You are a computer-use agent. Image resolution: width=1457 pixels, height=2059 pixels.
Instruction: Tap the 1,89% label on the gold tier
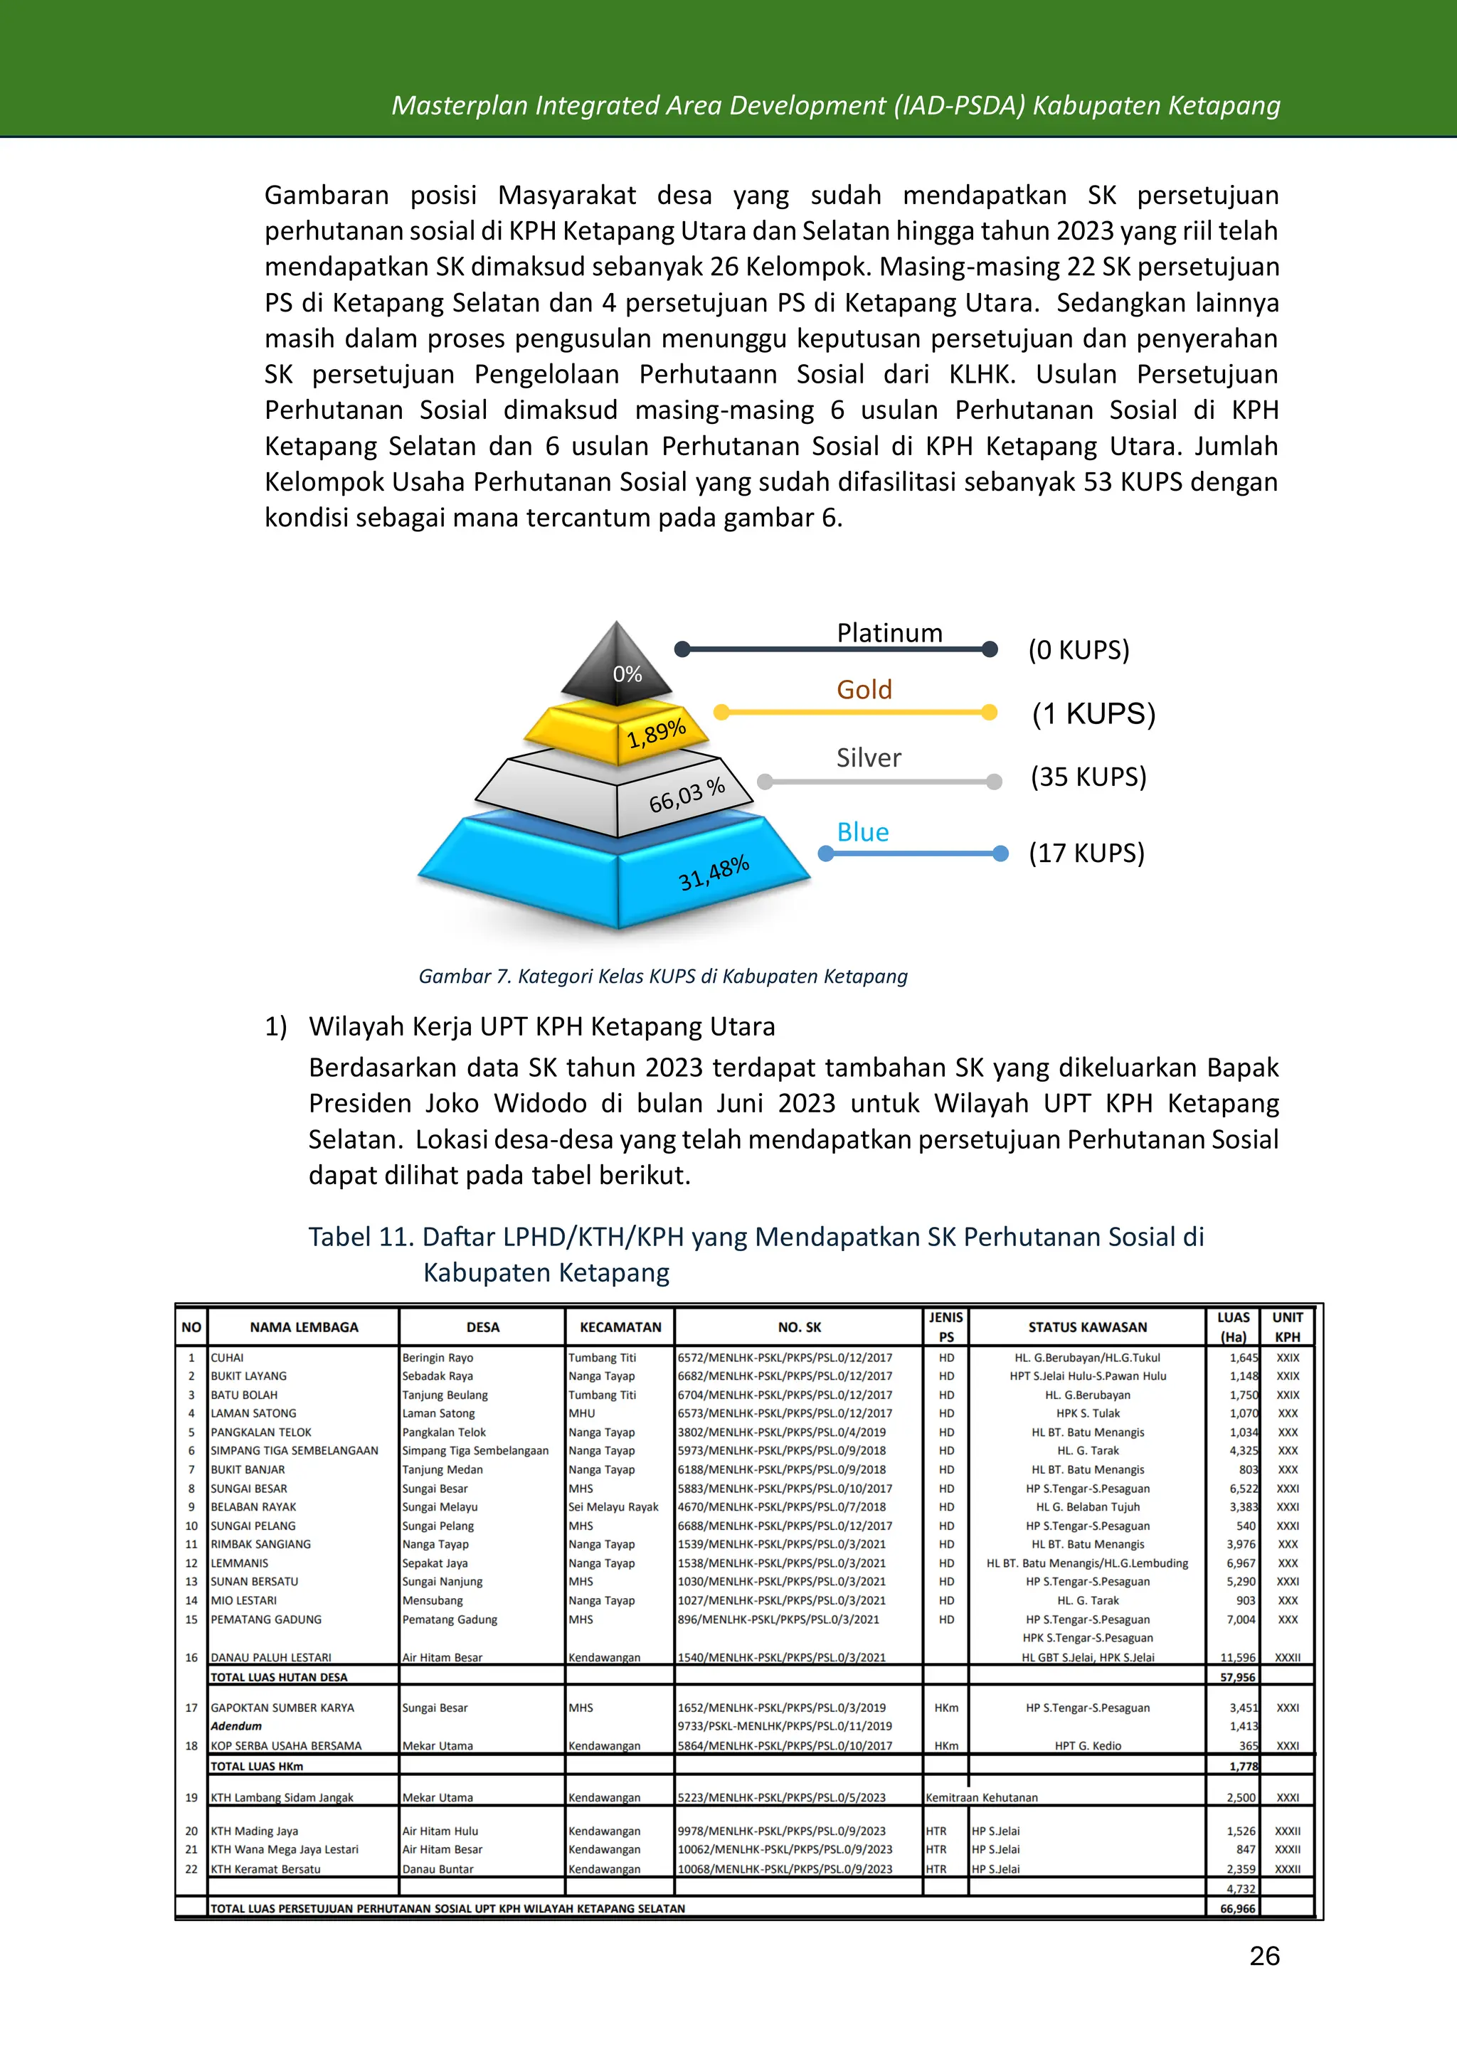pyautogui.click(x=656, y=733)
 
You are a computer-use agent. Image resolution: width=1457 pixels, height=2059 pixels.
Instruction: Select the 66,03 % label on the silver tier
pyautogui.click(x=687, y=795)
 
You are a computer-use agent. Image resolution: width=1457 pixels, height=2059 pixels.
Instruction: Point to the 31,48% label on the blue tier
pyautogui.click(x=714, y=873)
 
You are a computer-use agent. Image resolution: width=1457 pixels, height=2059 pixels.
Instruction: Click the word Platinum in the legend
pyautogui.click(x=889, y=633)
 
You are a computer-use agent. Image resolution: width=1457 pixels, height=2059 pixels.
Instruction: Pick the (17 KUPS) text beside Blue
pyautogui.click(x=1086, y=853)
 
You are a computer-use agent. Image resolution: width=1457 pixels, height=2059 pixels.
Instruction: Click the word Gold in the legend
pyautogui.click(x=864, y=690)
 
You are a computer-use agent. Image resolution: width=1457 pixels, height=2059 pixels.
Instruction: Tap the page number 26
pyautogui.click(x=1264, y=1956)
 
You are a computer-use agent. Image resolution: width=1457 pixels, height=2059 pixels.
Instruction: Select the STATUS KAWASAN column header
pyautogui.click(x=1087, y=1327)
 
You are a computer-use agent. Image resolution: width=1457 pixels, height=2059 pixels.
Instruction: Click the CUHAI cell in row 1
pyautogui.click(x=227, y=1358)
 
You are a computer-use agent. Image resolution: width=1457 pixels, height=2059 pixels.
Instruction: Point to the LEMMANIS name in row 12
pyautogui.click(x=240, y=1563)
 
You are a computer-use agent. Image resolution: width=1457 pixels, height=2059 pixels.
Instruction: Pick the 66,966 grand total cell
pyautogui.click(x=1237, y=1908)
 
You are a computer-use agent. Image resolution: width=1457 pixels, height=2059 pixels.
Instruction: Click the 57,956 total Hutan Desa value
pyautogui.click(x=1237, y=1677)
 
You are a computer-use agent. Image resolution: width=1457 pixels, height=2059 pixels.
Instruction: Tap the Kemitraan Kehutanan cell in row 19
pyautogui.click(x=982, y=1797)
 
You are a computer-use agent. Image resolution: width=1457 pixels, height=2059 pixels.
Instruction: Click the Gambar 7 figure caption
pyautogui.click(x=663, y=976)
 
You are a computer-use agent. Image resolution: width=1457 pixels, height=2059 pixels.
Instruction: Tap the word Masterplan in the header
pyautogui.click(x=460, y=106)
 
